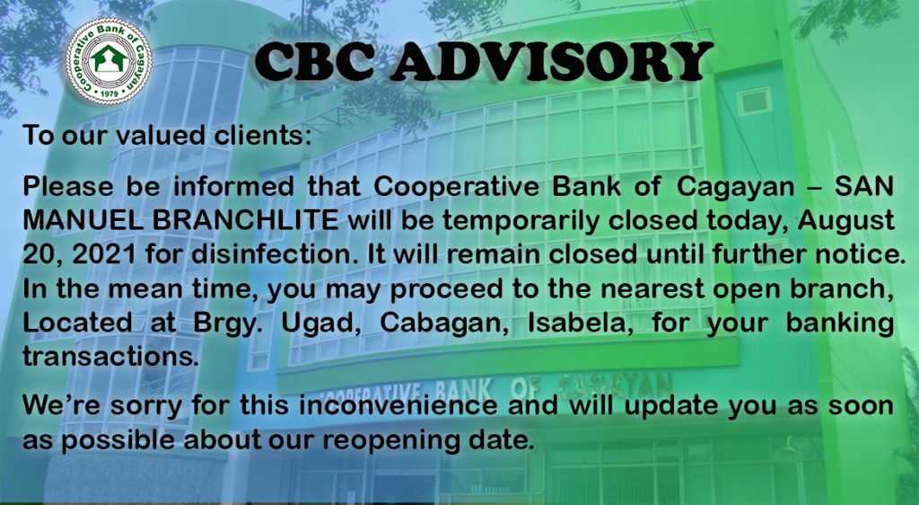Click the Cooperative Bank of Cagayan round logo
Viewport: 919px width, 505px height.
coord(109,62)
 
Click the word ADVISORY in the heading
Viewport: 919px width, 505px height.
coord(552,61)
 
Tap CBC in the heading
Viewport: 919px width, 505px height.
coord(315,61)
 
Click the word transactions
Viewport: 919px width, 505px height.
coord(110,356)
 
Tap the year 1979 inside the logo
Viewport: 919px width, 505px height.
coord(109,93)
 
